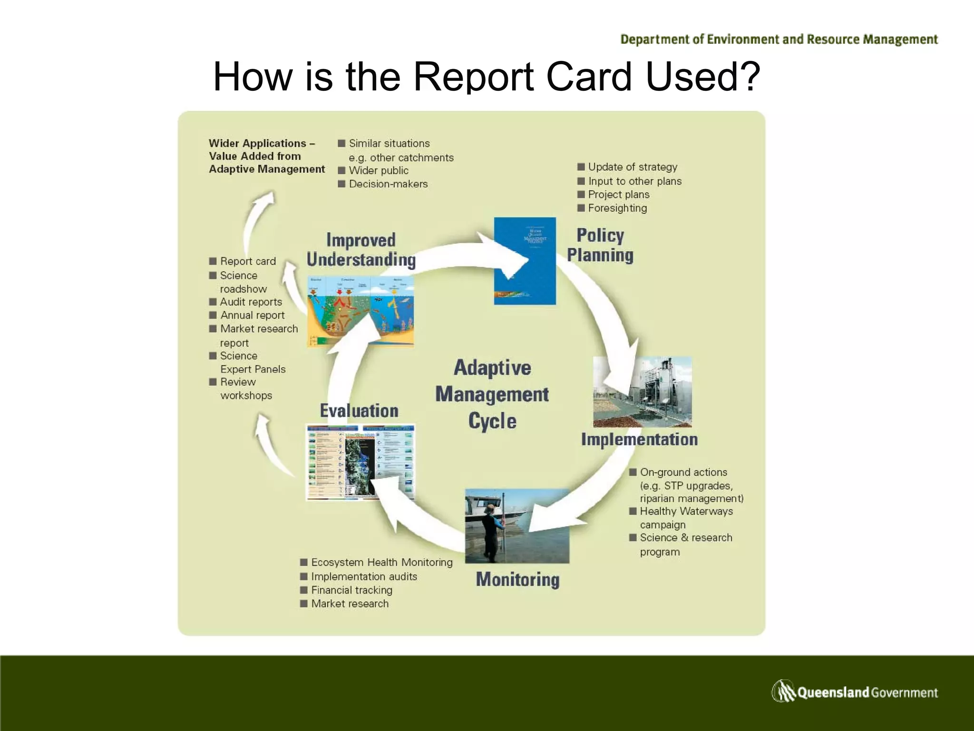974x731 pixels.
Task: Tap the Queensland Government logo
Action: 854,691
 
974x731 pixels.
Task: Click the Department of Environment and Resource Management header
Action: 779,40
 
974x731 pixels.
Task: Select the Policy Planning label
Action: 600,245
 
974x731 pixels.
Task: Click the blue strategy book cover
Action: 525,261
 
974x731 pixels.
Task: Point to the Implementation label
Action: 639,439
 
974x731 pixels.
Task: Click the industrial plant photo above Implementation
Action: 642,392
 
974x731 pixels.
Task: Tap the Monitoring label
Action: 517,580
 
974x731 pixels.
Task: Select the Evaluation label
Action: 359,411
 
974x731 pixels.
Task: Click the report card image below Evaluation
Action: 360,462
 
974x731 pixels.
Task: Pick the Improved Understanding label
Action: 361,250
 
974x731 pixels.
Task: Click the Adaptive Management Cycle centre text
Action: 492,394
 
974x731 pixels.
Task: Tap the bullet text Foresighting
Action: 617,208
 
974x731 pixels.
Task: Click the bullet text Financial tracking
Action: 351,590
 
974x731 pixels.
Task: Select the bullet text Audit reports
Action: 251,302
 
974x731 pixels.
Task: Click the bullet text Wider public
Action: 379,170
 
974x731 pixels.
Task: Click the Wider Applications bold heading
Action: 266,156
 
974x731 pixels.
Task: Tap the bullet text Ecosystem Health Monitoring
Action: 381,562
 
